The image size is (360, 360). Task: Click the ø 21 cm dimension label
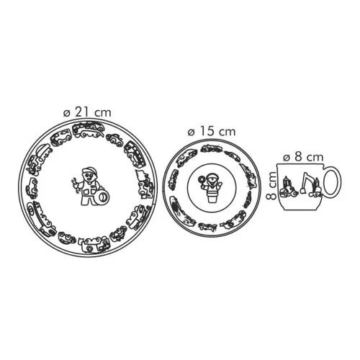click(87, 112)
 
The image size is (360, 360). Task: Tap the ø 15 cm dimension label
click(212, 132)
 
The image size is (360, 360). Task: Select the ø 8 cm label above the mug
click(303, 157)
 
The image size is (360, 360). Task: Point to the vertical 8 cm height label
click(271, 185)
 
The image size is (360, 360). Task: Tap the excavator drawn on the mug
click(310, 184)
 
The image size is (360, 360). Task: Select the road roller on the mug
click(289, 186)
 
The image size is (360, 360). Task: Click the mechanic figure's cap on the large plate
click(89, 170)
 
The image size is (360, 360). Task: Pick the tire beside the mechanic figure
click(102, 196)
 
